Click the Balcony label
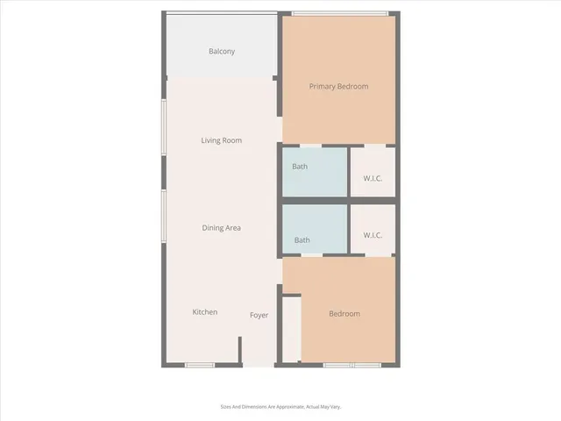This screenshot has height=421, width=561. pyautogui.click(x=222, y=52)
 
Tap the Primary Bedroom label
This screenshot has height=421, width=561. pyautogui.click(x=338, y=87)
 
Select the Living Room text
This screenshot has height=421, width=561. pyautogui.click(x=221, y=140)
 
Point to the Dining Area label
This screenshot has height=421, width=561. pyautogui.click(x=221, y=228)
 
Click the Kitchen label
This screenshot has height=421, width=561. pyautogui.click(x=205, y=312)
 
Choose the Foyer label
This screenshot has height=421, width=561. pyautogui.click(x=259, y=315)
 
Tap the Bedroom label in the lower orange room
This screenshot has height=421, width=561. pyautogui.click(x=344, y=314)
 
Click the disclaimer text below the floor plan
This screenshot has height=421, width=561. pyautogui.click(x=280, y=407)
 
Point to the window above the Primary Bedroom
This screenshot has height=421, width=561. pyautogui.click(x=340, y=13)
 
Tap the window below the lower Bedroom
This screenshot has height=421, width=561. pyautogui.click(x=351, y=365)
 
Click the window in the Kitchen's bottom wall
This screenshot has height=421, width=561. pyautogui.click(x=199, y=365)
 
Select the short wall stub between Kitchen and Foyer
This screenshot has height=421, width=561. pyautogui.click(x=239, y=349)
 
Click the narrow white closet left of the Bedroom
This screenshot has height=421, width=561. pyautogui.click(x=291, y=329)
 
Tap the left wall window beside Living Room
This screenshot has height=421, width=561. pyautogui.click(x=163, y=131)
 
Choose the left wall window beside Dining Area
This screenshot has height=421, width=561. pyautogui.click(x=163, y=218)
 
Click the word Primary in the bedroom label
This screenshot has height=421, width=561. pyautogui.click(x=323, y=87)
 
